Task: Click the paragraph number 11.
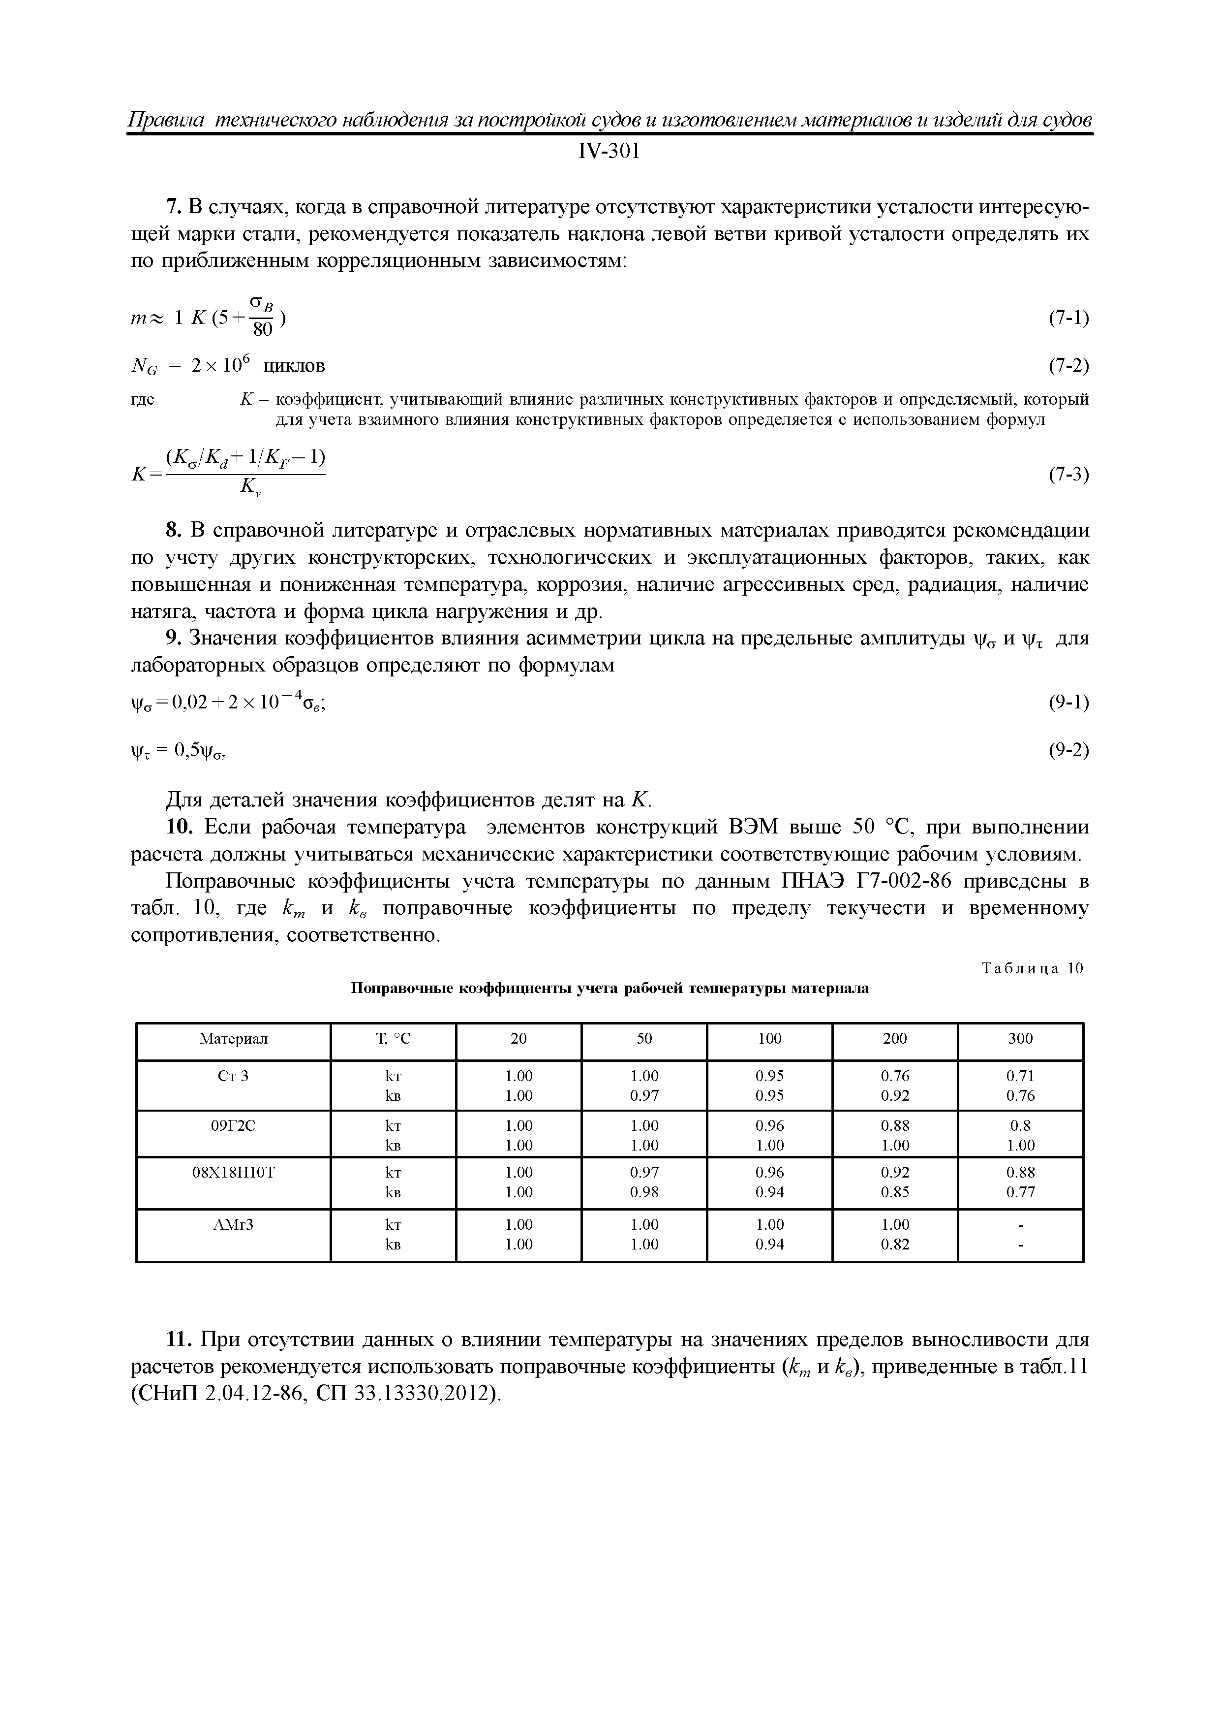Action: [176, 1341]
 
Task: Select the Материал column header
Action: [233, 1039]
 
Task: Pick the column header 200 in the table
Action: [894, 1039]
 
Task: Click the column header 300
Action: [1020, 1039]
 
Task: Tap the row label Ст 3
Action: [233, 1076]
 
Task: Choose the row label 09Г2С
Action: [233, 1126]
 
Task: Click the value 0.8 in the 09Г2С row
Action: [1020, 1126]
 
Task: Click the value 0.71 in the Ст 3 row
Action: [1020, 1076]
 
